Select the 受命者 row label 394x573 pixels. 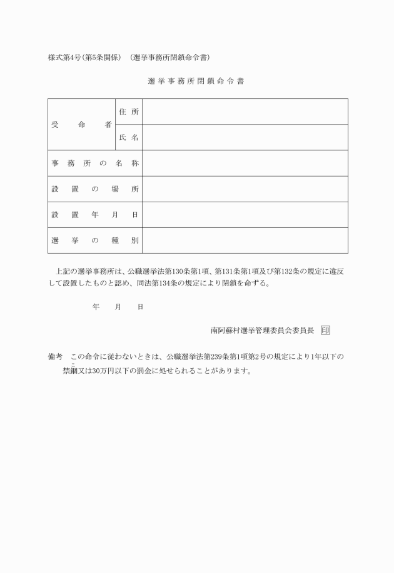(x=81, y=124)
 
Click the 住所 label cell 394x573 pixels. (x=129, y=111)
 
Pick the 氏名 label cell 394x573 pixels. (x=129, y=137)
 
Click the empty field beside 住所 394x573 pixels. (x=245, y=111)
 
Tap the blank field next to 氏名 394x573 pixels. (x=245, y=137)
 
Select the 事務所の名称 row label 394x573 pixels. (x=95, y=163)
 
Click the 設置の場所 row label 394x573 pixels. (x=95, y=189)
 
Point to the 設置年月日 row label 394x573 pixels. (x=95, y=215)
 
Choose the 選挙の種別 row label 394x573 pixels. (x=95, y=240)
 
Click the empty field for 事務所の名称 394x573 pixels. (x=245, y=163)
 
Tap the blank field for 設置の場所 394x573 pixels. (x=245, y=189)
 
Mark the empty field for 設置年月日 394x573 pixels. (x=245, y=215)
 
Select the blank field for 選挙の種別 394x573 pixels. (x=245, y=240)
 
